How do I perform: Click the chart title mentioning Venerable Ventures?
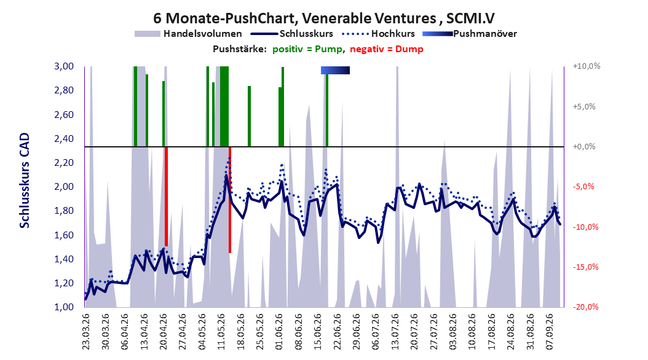(323, 18)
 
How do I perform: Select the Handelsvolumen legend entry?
(188, 34)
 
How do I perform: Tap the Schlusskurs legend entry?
(292, 34)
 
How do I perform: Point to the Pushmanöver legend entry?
(470, 34)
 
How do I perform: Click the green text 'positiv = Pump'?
(307, 49)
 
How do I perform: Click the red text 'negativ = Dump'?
(387, 49)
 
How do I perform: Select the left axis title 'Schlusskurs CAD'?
(25, 181)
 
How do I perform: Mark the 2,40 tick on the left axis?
(64, 139)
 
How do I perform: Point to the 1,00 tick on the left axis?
(64, 307)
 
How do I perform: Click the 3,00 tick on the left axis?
(64, 66)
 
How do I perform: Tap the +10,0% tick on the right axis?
(587, 66)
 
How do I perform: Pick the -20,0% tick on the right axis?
(585, 307)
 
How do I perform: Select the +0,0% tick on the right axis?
(584, 147)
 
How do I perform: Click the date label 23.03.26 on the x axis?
(86, 331)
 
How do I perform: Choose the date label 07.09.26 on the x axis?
(549, 331)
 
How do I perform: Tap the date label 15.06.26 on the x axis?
(318, 331)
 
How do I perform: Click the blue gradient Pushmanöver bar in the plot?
(335, 70)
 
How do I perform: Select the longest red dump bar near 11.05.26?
(230, 200)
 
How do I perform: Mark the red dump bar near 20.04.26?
(166, 197)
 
